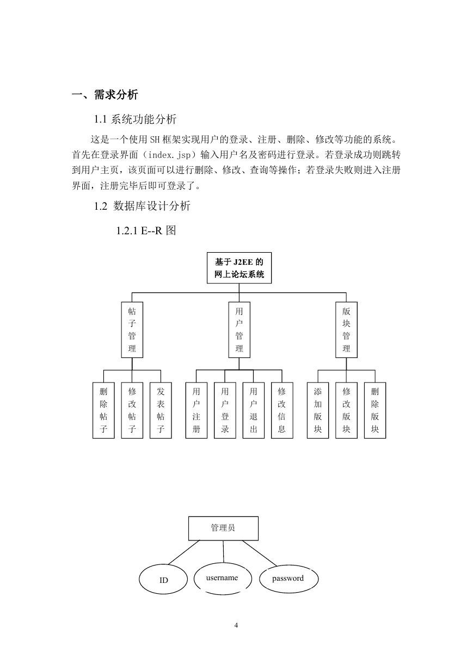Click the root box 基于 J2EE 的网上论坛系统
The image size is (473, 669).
click(239, 268)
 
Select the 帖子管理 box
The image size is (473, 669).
click(132, 330)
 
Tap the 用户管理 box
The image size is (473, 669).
click(239, 330)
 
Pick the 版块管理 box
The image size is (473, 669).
click(346, 330)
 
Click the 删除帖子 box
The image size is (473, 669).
click(103, 410)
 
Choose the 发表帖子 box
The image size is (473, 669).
click(161, 410)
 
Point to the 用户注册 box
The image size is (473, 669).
click(196, 410)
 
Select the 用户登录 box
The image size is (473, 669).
click(225, 410)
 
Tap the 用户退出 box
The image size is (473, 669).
click(253, 410)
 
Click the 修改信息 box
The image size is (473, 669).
click(282, 410)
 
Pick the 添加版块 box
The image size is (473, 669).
click(318, 410)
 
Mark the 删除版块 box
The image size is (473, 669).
click(375, 410)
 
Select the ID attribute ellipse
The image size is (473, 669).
click(163, 579)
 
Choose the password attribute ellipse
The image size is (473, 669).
click(288, 579)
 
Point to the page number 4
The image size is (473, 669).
click(236, 625)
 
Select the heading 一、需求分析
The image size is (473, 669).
click(105, 95)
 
